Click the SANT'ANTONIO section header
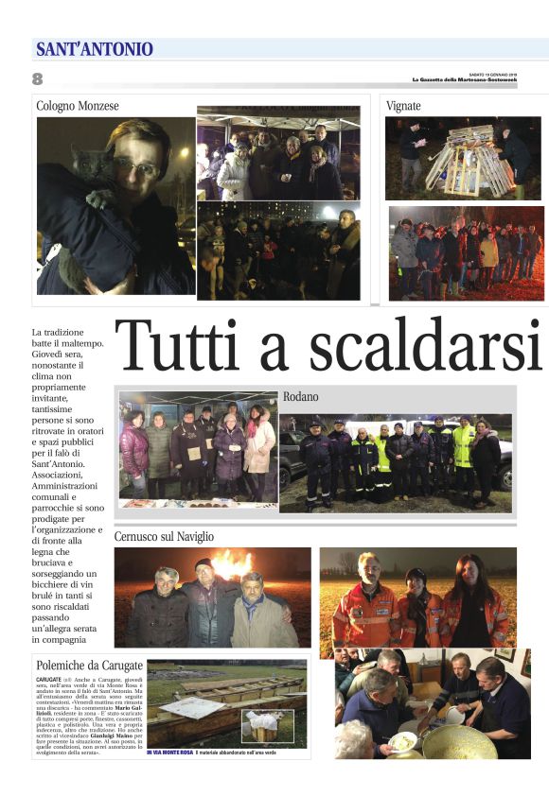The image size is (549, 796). point(95,49)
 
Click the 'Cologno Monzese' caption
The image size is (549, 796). point(78,107)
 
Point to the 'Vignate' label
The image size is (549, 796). point(403,106)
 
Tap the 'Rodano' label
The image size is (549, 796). point(300,396)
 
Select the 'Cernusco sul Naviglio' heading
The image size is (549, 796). point(164,536)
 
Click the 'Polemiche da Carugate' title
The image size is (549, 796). point(89,666)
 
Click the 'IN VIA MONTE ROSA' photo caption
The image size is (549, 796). point(170,753)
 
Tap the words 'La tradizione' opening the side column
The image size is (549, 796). point(58,333)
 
